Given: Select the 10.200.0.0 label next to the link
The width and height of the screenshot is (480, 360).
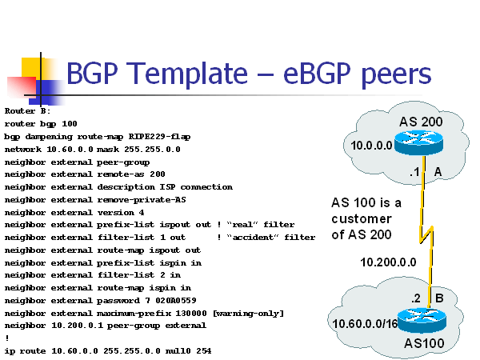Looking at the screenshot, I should tap(388, 261).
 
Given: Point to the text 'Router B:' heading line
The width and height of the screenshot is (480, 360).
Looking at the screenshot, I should tap(27, 111).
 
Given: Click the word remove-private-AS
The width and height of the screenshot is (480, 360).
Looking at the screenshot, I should tap(138, 199).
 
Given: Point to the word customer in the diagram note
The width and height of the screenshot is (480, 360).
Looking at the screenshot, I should tap(361, 218).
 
